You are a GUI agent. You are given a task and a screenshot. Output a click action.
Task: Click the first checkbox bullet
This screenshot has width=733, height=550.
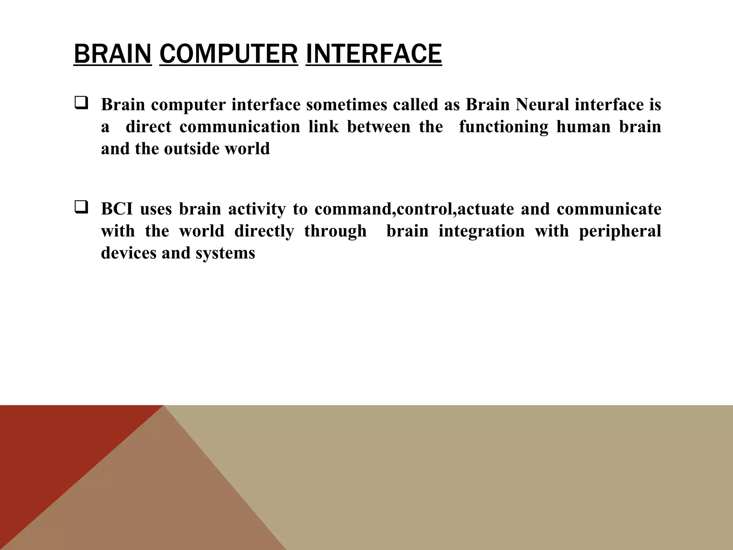coord(81,104)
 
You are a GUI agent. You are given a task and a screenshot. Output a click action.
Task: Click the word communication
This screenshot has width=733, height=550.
coord(239,127)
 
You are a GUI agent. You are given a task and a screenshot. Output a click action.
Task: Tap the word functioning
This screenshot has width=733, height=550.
coord(503,127)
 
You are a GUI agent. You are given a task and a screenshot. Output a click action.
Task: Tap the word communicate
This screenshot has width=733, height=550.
coord(609,209)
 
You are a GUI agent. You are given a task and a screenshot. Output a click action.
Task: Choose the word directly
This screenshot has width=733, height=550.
coord(264,231)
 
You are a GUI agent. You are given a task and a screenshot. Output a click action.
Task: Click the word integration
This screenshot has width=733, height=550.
coord(481,231)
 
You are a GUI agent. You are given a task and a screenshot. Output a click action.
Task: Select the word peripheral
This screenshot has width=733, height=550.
coord(620,231)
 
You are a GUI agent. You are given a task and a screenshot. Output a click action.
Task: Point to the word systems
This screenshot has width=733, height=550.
coord(225,253)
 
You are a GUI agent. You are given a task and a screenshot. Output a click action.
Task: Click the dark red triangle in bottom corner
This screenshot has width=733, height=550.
coord(43,451)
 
